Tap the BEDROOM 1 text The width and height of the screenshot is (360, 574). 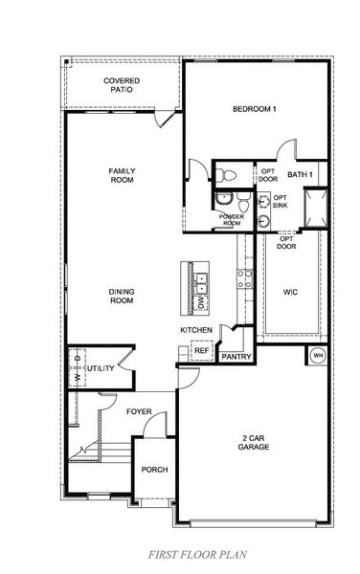[x=255, y=109]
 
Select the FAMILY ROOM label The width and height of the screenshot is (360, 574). [x=122, y=175]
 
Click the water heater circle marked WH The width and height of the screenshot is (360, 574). [x=318, y=356]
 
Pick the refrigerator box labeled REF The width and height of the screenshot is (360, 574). [x=201, y=351]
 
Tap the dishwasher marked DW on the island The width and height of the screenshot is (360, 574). [x=201, y=302]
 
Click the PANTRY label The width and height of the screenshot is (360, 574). [x=236, y=357]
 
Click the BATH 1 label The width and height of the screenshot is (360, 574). [x=300, y=174]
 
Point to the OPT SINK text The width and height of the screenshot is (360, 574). [x=281, y=202]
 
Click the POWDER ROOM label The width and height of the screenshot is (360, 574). [x=232, y=219]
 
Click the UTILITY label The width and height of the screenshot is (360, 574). [x=100, y=367]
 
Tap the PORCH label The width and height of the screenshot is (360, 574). [x=154, y=470]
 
